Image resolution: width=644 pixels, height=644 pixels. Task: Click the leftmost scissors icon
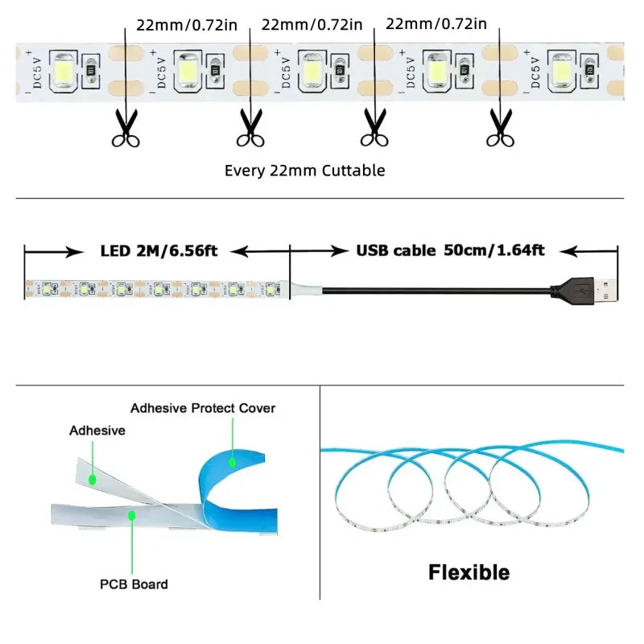[126, 128]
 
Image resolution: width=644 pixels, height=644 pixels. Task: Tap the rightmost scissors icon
[500, 128]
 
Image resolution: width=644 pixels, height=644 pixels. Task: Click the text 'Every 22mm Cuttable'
[305, 171]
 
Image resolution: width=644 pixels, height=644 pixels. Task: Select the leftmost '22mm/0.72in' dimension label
[187, 25]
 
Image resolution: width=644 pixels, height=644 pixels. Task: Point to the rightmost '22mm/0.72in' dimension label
[436, 24]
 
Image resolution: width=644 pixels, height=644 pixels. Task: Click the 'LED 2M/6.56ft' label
[159, 250]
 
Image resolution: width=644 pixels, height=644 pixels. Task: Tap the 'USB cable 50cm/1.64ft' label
[450, 250]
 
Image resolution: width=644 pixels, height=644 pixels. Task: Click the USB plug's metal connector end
[605, 290]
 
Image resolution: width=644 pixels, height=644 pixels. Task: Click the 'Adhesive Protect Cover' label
[203, 408]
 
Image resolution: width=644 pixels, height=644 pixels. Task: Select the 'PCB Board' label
[134, 584]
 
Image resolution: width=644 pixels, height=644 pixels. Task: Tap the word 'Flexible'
[469, 572]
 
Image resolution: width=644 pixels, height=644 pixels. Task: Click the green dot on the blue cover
[233, 462]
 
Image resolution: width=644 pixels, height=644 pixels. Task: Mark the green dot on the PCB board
[132, 515]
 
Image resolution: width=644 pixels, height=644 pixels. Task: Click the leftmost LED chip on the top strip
[64, 70]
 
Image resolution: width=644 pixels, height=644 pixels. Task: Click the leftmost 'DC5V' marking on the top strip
[37, 72]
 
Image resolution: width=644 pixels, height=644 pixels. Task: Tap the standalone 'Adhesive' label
[97, 431]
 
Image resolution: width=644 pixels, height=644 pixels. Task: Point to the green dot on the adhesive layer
[93, 479]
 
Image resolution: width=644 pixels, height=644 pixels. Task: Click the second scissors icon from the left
[250, 128]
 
